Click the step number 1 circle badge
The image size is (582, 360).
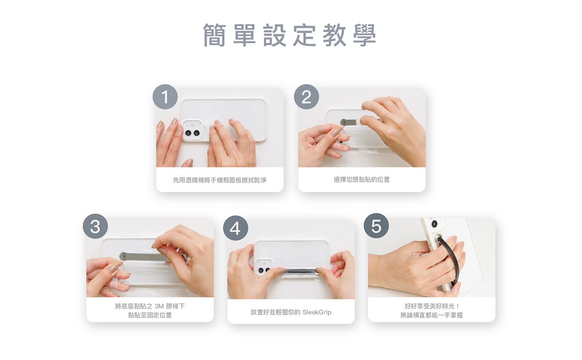click(x=165, y=97)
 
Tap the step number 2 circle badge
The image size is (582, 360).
click(x=307, y=97)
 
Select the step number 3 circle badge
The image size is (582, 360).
click(x=96, y=226)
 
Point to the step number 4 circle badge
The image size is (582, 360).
click(x=235, y=228)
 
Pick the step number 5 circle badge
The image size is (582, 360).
click(x=376, y=226)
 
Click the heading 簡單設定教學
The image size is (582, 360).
click(x=290, y=35)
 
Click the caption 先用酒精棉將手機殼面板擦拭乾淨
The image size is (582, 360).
click(x=220, y=180)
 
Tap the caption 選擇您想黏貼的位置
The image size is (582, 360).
click(x=362, y=180)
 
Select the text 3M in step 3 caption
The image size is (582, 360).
click(x=159, y=306)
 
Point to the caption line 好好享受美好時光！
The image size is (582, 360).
click(x=432, y=306)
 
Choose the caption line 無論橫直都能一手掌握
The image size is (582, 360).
click(x=432, y=315)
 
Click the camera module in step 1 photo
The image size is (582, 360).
click(x=193, y=130)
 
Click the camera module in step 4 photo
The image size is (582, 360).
click(x=264, y=267)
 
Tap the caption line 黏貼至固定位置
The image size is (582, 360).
click(x=150, y=315)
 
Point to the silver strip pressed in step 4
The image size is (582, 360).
click(x=301, y=271)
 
